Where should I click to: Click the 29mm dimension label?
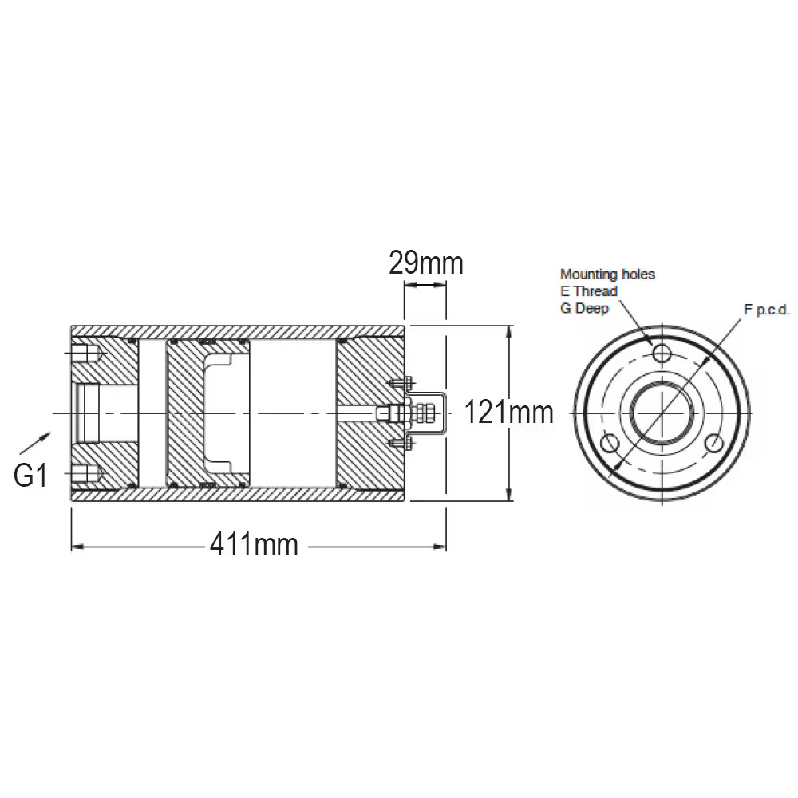pyautogui.click(x=426, y=263)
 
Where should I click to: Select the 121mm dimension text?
pyautogui.click(x=508, y=412)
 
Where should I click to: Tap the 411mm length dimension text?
pyautogui.click(x=254, y=545)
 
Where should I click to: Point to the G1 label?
pyautogui.click(x=30, y=476)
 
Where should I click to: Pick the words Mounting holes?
pyautogui.click(x=607, y=275)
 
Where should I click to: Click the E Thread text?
pyautogui.click(x=589, y=291)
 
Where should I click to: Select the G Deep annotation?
pyautogui.click(x=584, y=308)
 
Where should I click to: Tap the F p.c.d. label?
pyautogui.click(x=766, y=310)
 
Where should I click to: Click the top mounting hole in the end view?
pyautogui.click(x=661, y=352)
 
